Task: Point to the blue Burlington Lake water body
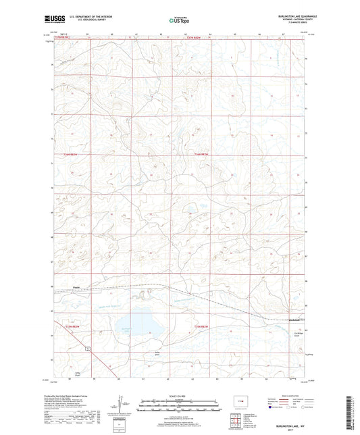click(139, 322)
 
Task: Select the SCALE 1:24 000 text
click(179, 396)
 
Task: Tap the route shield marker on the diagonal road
click(87, 349)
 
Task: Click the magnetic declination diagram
click(121, 407)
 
